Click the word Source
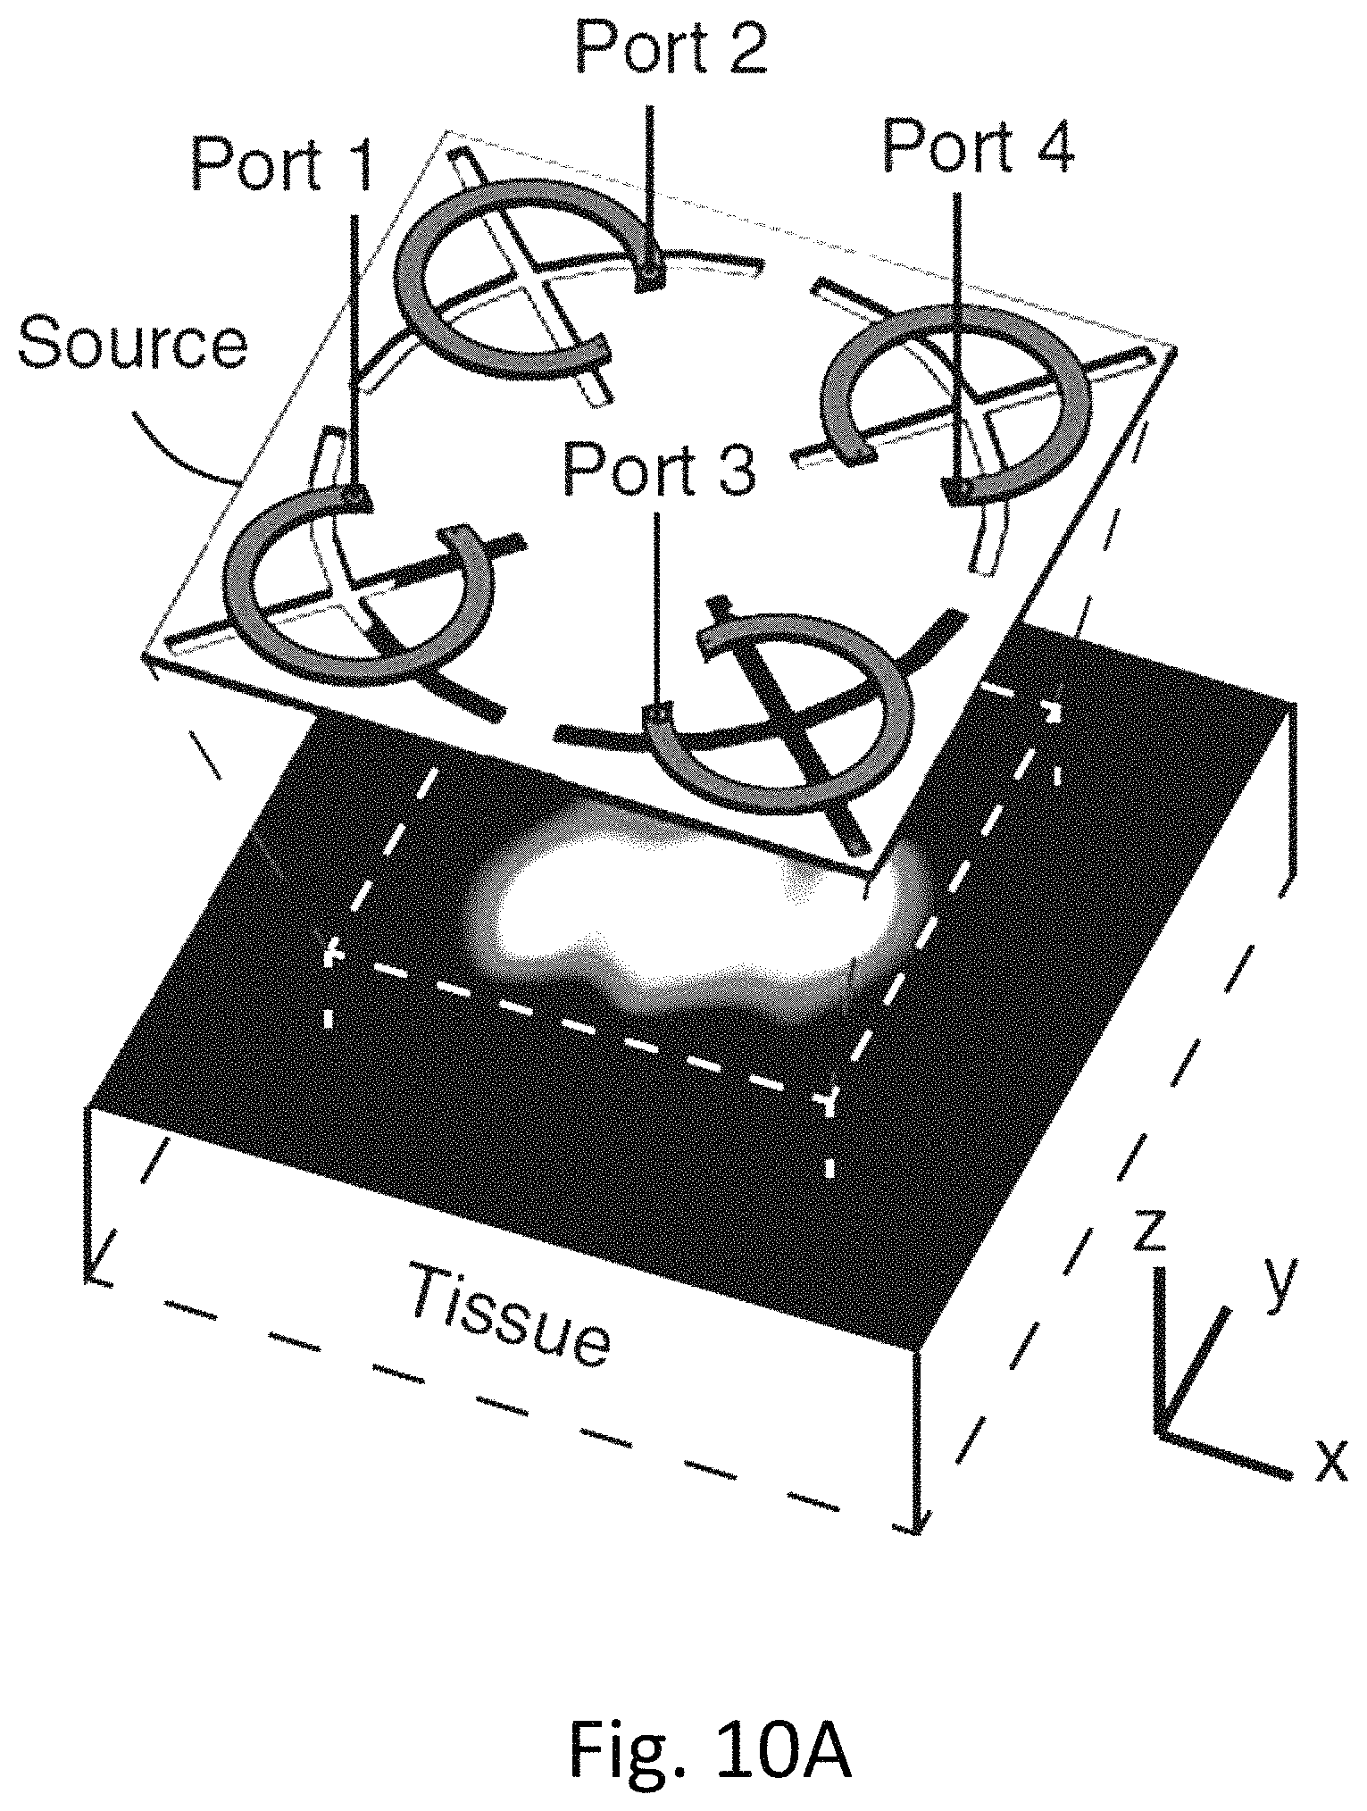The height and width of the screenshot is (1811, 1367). click(x=133, y=344)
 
